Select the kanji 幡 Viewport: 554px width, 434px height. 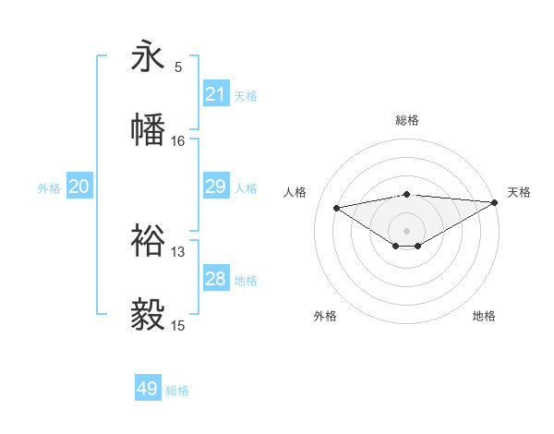point(148,128)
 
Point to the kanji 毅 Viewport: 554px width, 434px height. point(148,314)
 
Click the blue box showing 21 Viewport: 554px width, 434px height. point(216,93)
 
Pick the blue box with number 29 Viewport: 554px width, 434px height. point(216,187)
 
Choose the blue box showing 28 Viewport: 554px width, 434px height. point(216,279)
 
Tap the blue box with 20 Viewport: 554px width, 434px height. point(79,187)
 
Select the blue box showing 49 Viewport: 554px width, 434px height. point(148,389)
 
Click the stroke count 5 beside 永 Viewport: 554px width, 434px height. point(178,67)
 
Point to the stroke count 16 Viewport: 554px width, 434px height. point(178,140)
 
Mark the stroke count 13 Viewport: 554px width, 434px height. point(178,251)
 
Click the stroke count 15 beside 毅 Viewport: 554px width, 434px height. point(178,325)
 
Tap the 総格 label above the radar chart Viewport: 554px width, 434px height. point(407,120)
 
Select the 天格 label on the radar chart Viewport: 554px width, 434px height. point(519,192)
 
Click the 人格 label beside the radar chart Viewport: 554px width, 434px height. point(295,192)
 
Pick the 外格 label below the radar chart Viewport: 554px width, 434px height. point(325,316)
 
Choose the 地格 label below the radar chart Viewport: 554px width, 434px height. point(484,316)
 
